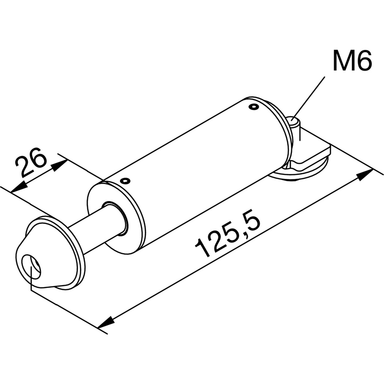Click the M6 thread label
click(x=352, y=60)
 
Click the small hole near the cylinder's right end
click(x=253, y=107)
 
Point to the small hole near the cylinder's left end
click(x=125, y=181)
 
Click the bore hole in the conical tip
click(x=31, y=267)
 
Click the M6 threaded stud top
click(x=294, y=121)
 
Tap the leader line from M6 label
click(x=309, y=97)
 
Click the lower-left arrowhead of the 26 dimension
click(x=19, y=187)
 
